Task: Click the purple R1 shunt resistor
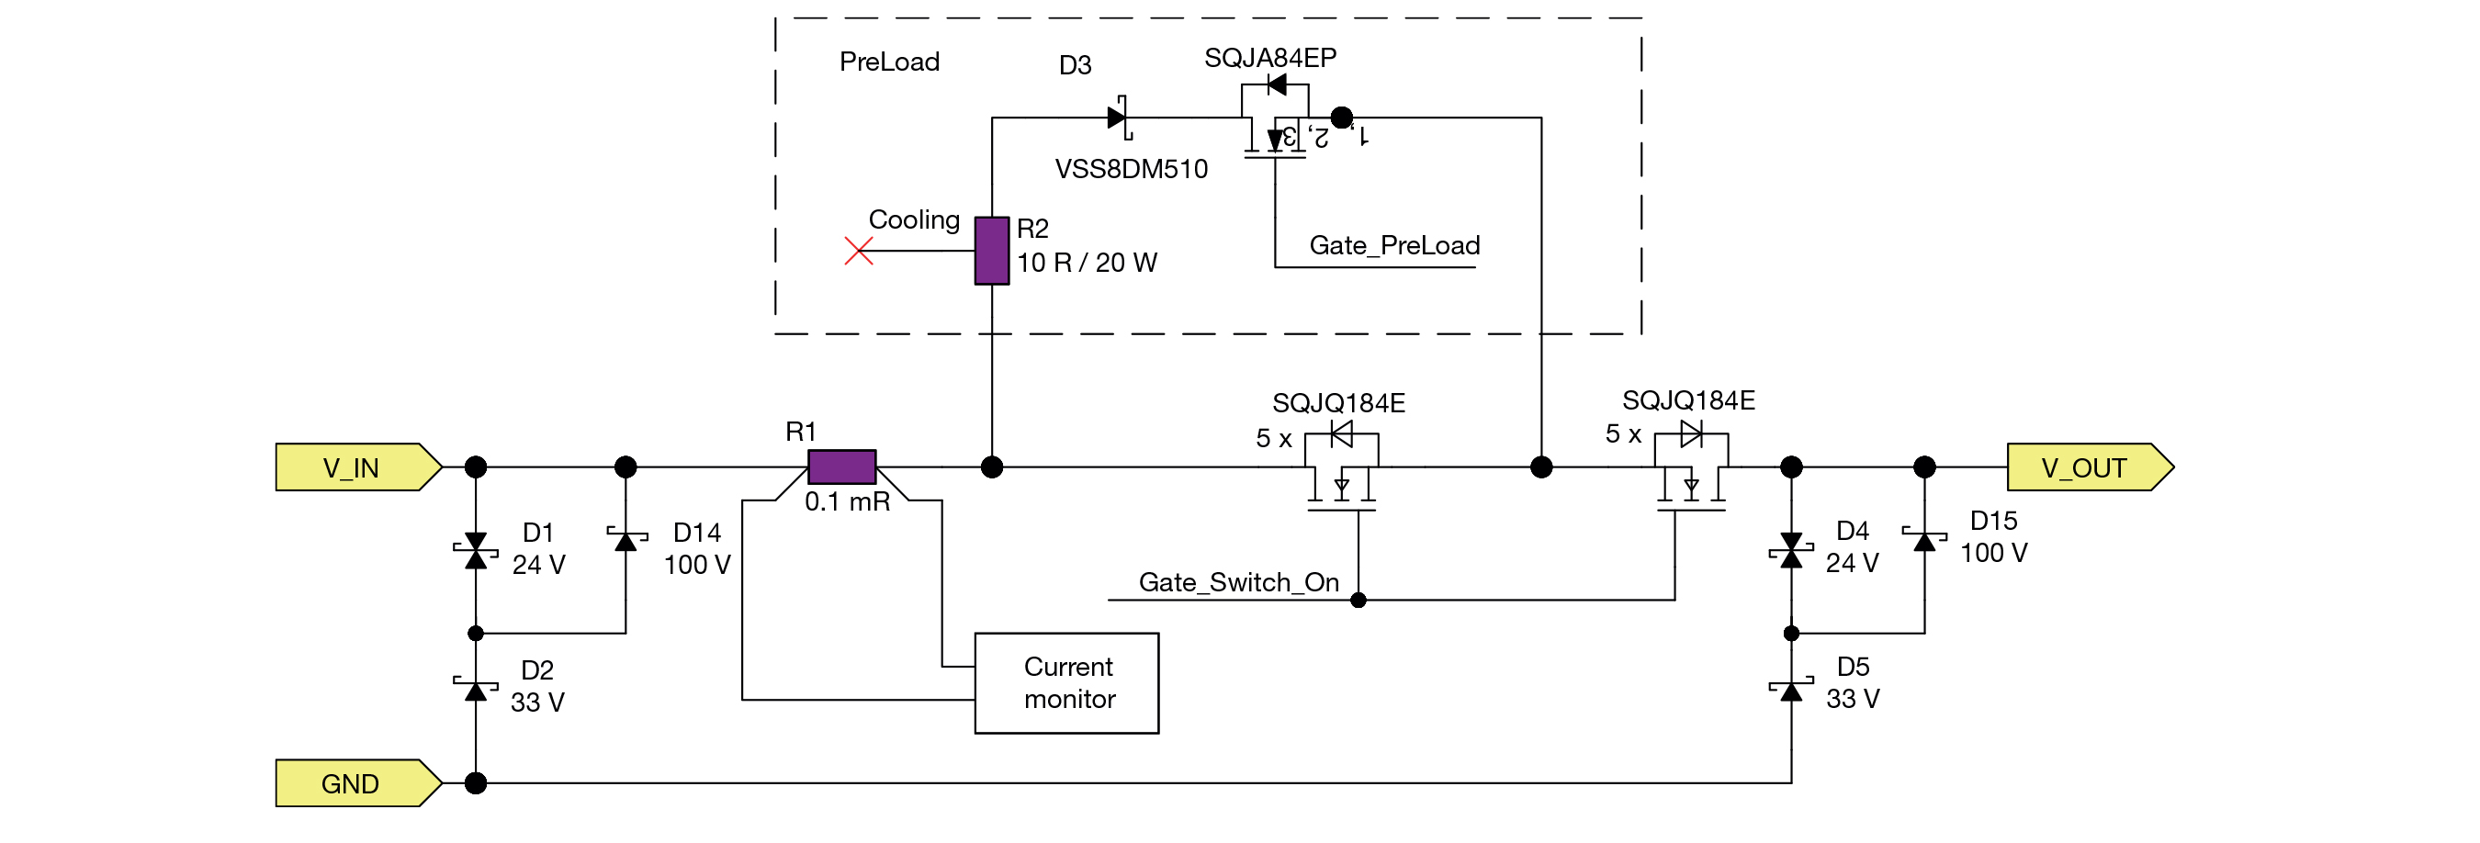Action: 841,466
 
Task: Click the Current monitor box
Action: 1066,683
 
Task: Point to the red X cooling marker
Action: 858,252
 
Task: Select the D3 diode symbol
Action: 1118,118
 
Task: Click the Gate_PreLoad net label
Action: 1394,245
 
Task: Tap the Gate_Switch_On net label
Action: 1238,582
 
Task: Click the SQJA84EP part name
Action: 1269,58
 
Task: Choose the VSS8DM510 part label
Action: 1132,169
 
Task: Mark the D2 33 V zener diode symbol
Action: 476,689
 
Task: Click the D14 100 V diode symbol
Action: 626,540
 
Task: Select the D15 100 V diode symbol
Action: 1924,540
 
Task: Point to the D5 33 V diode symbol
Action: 1791,689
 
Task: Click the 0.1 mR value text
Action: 847,501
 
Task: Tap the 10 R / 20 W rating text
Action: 1087,263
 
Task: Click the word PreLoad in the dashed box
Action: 888,62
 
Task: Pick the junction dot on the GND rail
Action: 476,783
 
